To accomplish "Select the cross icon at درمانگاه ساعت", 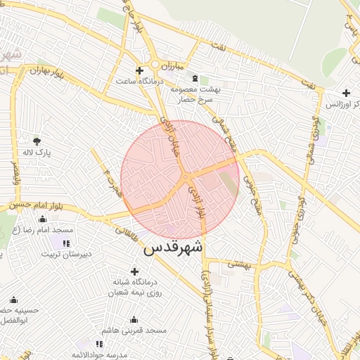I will pos(139,70).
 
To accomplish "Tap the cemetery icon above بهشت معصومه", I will pos(205,79).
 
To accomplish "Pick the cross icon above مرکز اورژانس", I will pos(346,93).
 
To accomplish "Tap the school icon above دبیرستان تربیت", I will pos(66,243).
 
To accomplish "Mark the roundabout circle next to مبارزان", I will pos(154,65).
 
